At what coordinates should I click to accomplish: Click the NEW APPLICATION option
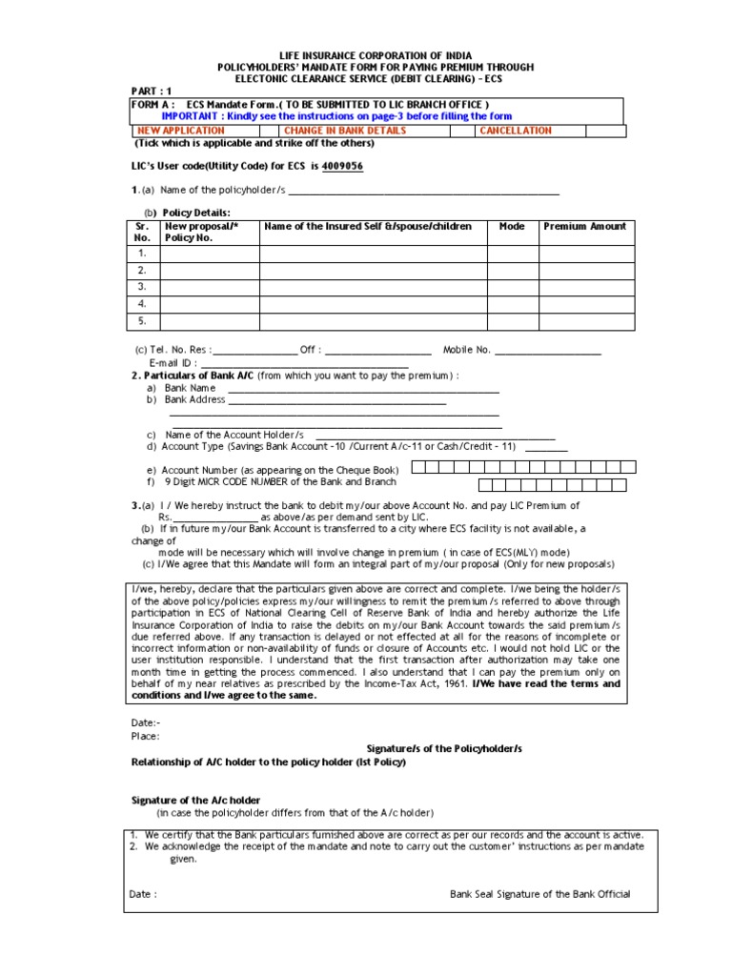pyautogui.click(x=181, y=131)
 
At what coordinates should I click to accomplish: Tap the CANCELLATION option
pyautogui.click(x=516, y=131)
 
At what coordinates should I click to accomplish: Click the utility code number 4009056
pyautogui.click(x=342, y=166)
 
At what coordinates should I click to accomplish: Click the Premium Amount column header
pyautogui.click(x=585, y=227)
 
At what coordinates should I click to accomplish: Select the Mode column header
pyautogui.click(x=512, y=227)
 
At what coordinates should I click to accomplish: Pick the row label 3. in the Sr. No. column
pyautogui.click(x=141, y=286)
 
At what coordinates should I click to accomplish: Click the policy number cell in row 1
pyautogui.click(x=210, y=254)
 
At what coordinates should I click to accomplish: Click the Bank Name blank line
pyautogui.click(x=362, y=391)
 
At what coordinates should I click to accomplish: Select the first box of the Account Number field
pyautogui.click(x=420, y=468)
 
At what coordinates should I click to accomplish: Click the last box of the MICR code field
pyautogui.click(x=620, y=485)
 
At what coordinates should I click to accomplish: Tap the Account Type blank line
pyautogui.click(x=546, y=449)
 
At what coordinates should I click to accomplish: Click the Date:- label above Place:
pyautogui.click(x=145, y=723)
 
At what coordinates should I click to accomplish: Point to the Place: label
pyautogui.click(x=145, y=736)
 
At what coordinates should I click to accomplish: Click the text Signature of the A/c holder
pyautogui.click(x=195, y=800)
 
